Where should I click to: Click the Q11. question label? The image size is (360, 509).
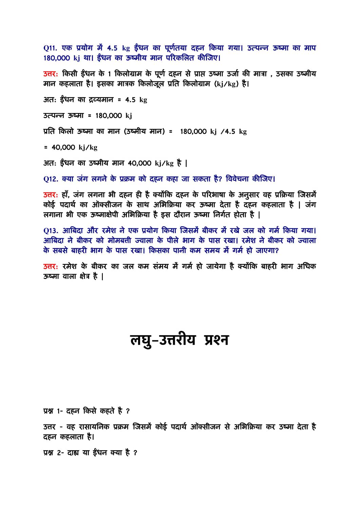50,48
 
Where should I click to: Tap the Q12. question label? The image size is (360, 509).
51,179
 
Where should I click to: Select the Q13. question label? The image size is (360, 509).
51,230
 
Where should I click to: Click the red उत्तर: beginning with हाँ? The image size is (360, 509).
51,195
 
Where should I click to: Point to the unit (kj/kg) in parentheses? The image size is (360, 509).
226,84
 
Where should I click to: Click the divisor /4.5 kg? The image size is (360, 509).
233,132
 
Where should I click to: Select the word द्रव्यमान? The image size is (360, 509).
101,100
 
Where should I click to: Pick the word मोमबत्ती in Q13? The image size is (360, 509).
119,241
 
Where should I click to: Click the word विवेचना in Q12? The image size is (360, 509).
237,179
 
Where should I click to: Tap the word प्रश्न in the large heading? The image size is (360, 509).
216,340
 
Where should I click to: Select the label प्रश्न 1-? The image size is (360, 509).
53,411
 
